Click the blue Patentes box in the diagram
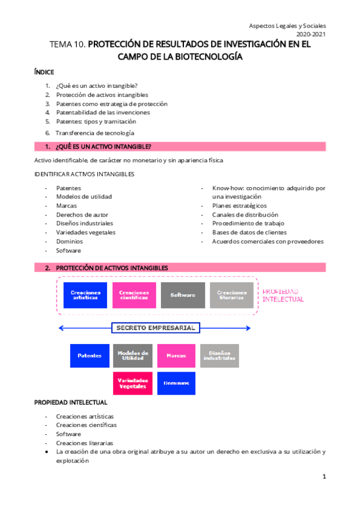(x=90, y=355)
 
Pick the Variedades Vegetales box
(x=132, y=383)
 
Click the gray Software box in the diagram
(x=183, y=295)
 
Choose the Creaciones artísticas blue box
(x=85, y=295)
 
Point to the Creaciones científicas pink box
(x=133, y=295)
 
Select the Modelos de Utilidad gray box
(x=132, y=355)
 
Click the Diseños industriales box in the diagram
(x=219, y=355)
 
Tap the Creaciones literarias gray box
(x=231, y=295)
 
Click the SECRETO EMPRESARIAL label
(x=154, y=328)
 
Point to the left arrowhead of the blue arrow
(x=61, y=328)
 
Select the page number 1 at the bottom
(x=324, y=477)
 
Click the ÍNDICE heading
(x=44, y=72)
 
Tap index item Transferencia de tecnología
(x=95, y=132)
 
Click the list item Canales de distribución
(x=245, y=215)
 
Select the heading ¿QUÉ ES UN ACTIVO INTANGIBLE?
(x=103, y=147)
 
